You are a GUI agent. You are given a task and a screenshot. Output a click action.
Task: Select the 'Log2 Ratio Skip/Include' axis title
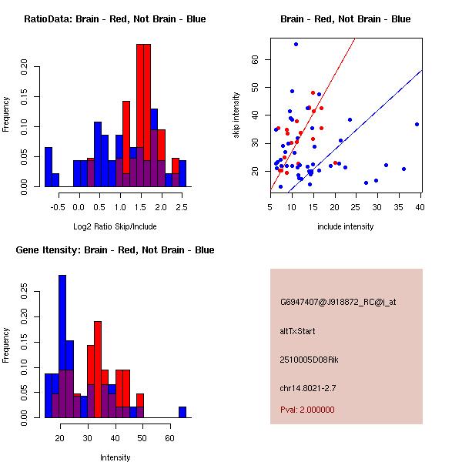point(115,226)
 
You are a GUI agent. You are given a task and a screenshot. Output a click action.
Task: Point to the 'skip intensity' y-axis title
point(236,115)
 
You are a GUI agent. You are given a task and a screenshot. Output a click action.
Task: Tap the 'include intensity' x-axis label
point(346,226)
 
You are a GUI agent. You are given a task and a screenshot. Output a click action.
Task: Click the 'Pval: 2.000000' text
point(307,410)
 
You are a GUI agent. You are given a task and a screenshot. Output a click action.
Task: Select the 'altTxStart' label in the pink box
point(297,331)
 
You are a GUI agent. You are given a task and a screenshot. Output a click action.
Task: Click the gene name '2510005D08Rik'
point(306,360)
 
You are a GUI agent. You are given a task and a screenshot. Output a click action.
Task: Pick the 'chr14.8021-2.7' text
point(308,387)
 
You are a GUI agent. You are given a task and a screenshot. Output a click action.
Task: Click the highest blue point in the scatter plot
point(296,45)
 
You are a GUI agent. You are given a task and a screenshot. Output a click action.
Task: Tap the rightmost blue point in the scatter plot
point(417,124)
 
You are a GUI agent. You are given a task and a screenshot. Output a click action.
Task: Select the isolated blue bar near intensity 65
point(182,412)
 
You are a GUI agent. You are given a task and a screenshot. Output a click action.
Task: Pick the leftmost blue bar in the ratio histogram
point(48,166)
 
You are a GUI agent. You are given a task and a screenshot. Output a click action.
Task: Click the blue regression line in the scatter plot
point(370,116)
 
